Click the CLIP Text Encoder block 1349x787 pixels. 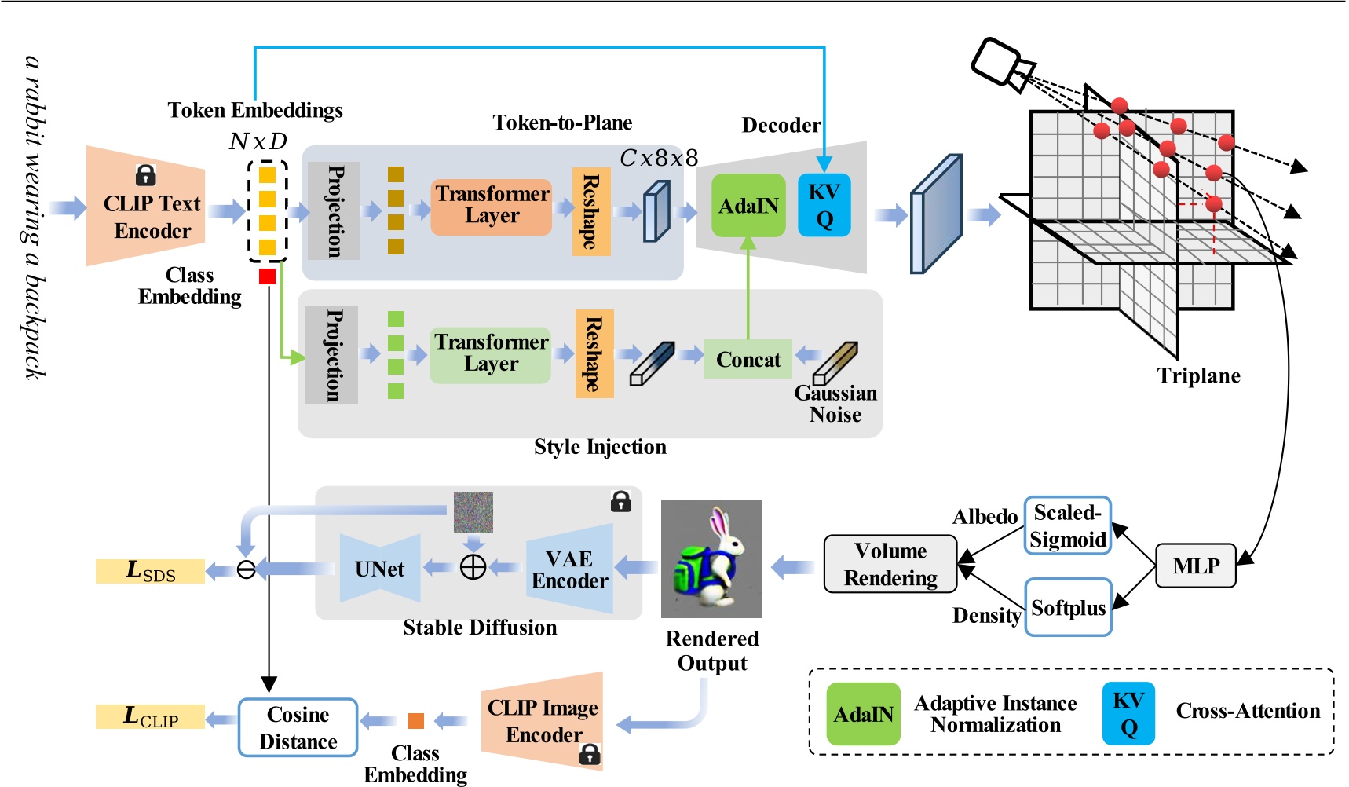tap(149, 208)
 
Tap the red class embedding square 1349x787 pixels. tap(267, 276)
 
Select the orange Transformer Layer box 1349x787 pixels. tap(492, 206)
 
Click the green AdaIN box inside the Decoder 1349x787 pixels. tap(748, 206)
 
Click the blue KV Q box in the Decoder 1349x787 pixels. tap(824, 206)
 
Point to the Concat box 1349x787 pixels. tap(748, 360)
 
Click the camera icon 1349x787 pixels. tap(1002, 63)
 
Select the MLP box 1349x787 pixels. tap(1195, 566)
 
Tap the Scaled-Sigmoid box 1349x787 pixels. tap(1068, 526)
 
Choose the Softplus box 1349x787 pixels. tap(1068, 608)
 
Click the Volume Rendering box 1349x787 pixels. tap(890, 564)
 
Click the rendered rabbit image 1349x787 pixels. tap(711, 559)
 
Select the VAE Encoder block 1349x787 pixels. tap(569, 570)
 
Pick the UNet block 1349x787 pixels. tap(380, 569)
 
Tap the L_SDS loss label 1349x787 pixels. tap(150, 571)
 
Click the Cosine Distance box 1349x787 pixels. tap(298, 727)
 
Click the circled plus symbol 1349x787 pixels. tap(473, 566)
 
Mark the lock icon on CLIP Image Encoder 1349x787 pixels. tap(589, 755)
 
